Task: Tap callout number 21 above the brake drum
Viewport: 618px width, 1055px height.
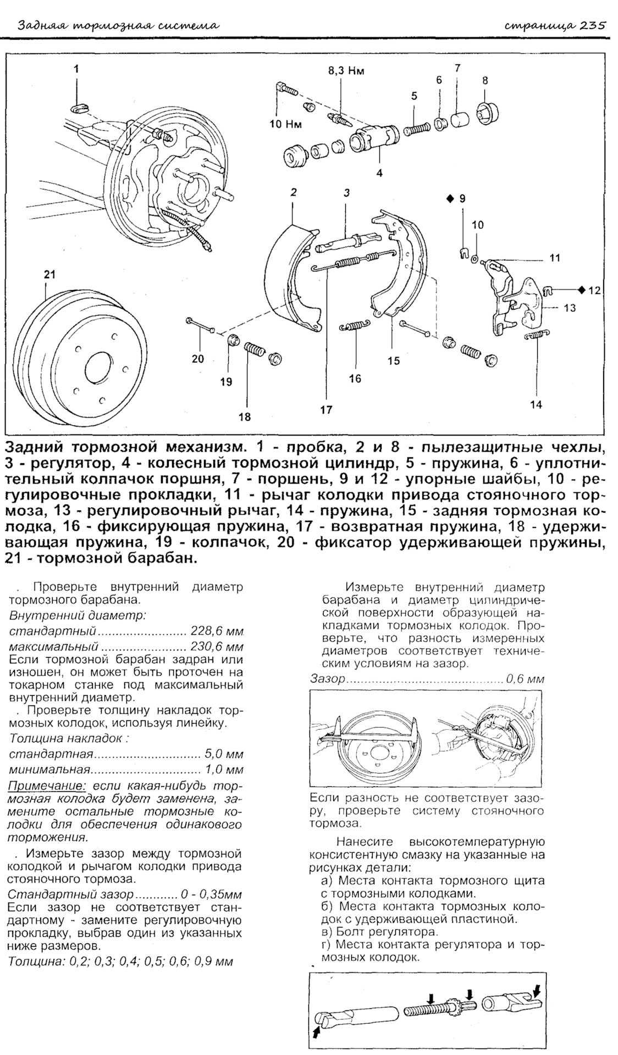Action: [49, 274]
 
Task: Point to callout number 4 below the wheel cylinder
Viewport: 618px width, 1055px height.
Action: [379, 173]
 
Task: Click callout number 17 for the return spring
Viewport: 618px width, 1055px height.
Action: [326, 409]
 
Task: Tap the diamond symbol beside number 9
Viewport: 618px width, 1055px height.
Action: [450, 198]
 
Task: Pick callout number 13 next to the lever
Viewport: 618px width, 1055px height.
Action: [570, 308]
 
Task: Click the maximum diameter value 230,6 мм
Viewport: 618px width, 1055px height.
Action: [217, 646]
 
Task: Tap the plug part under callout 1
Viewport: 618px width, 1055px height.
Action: [80, 106]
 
